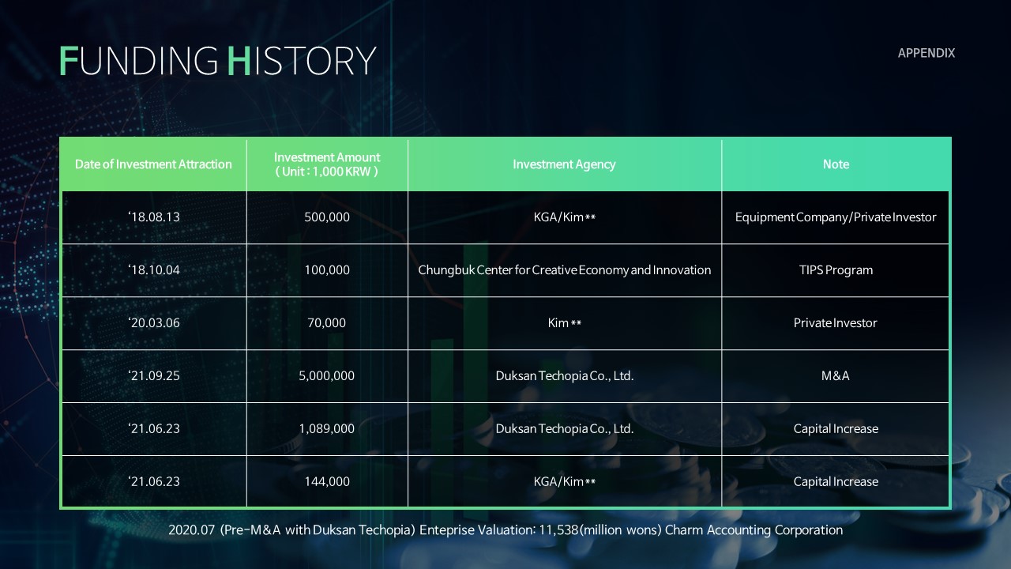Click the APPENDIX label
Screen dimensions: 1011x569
926,53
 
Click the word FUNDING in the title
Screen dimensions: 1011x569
139,61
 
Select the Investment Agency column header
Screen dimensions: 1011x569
564,164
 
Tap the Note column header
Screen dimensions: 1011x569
836,164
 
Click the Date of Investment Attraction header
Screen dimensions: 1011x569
153,164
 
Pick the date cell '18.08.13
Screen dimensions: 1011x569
154,217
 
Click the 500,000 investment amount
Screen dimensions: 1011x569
327,217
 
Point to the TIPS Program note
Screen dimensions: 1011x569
836,270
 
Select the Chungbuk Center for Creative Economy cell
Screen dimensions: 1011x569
564,270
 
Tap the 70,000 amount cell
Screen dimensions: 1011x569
326,323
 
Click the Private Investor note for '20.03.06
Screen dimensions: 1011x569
836,323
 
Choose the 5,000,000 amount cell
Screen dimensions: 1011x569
326,375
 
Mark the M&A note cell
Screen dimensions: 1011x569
836,375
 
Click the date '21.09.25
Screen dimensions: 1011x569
154,375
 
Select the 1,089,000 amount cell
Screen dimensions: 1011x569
326,428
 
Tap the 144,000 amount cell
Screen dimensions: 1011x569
327,481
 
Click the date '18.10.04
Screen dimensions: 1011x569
154,270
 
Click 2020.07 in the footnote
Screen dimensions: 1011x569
191,530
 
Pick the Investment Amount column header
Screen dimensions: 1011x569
327,164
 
